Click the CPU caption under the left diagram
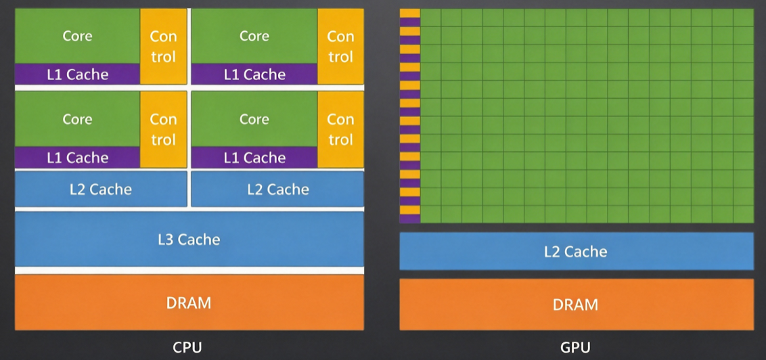click(x=187, y=347)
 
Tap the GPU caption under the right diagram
click(x=575, y=347)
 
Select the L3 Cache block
click(x=189, y=240)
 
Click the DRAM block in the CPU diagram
click(x=189, y=302)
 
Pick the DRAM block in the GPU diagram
click(x=577, y=305)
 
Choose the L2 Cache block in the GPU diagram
click(x=577, y=251)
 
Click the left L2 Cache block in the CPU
click(x=101, y=189)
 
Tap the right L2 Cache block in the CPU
click(x=277, y=189)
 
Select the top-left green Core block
click(x=78, y=36)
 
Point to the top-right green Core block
click(x=254, y=36)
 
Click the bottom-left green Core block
click(x=78, y=119)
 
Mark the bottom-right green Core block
click(x=254, y=119)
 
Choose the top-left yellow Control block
click(x=164, y=47)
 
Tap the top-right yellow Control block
click(x=340, y=47)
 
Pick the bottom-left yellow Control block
click(x=164, y=129)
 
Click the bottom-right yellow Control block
click(x=340, y=129)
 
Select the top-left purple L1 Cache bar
click(x=78, y=74)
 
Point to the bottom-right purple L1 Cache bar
click(x=254, y=157)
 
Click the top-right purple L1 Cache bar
click(x=254, y=74)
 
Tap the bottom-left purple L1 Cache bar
click(x=78, y=157)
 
